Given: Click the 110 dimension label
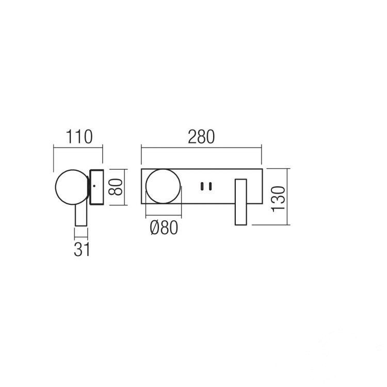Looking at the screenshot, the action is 79,137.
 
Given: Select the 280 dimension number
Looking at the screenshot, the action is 201,137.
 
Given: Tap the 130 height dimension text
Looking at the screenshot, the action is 278,199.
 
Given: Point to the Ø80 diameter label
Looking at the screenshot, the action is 164,228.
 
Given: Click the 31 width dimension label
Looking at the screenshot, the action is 82,249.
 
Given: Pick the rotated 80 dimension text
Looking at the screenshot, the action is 116,187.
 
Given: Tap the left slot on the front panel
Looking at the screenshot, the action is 202,186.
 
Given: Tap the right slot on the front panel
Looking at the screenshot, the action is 210,186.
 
